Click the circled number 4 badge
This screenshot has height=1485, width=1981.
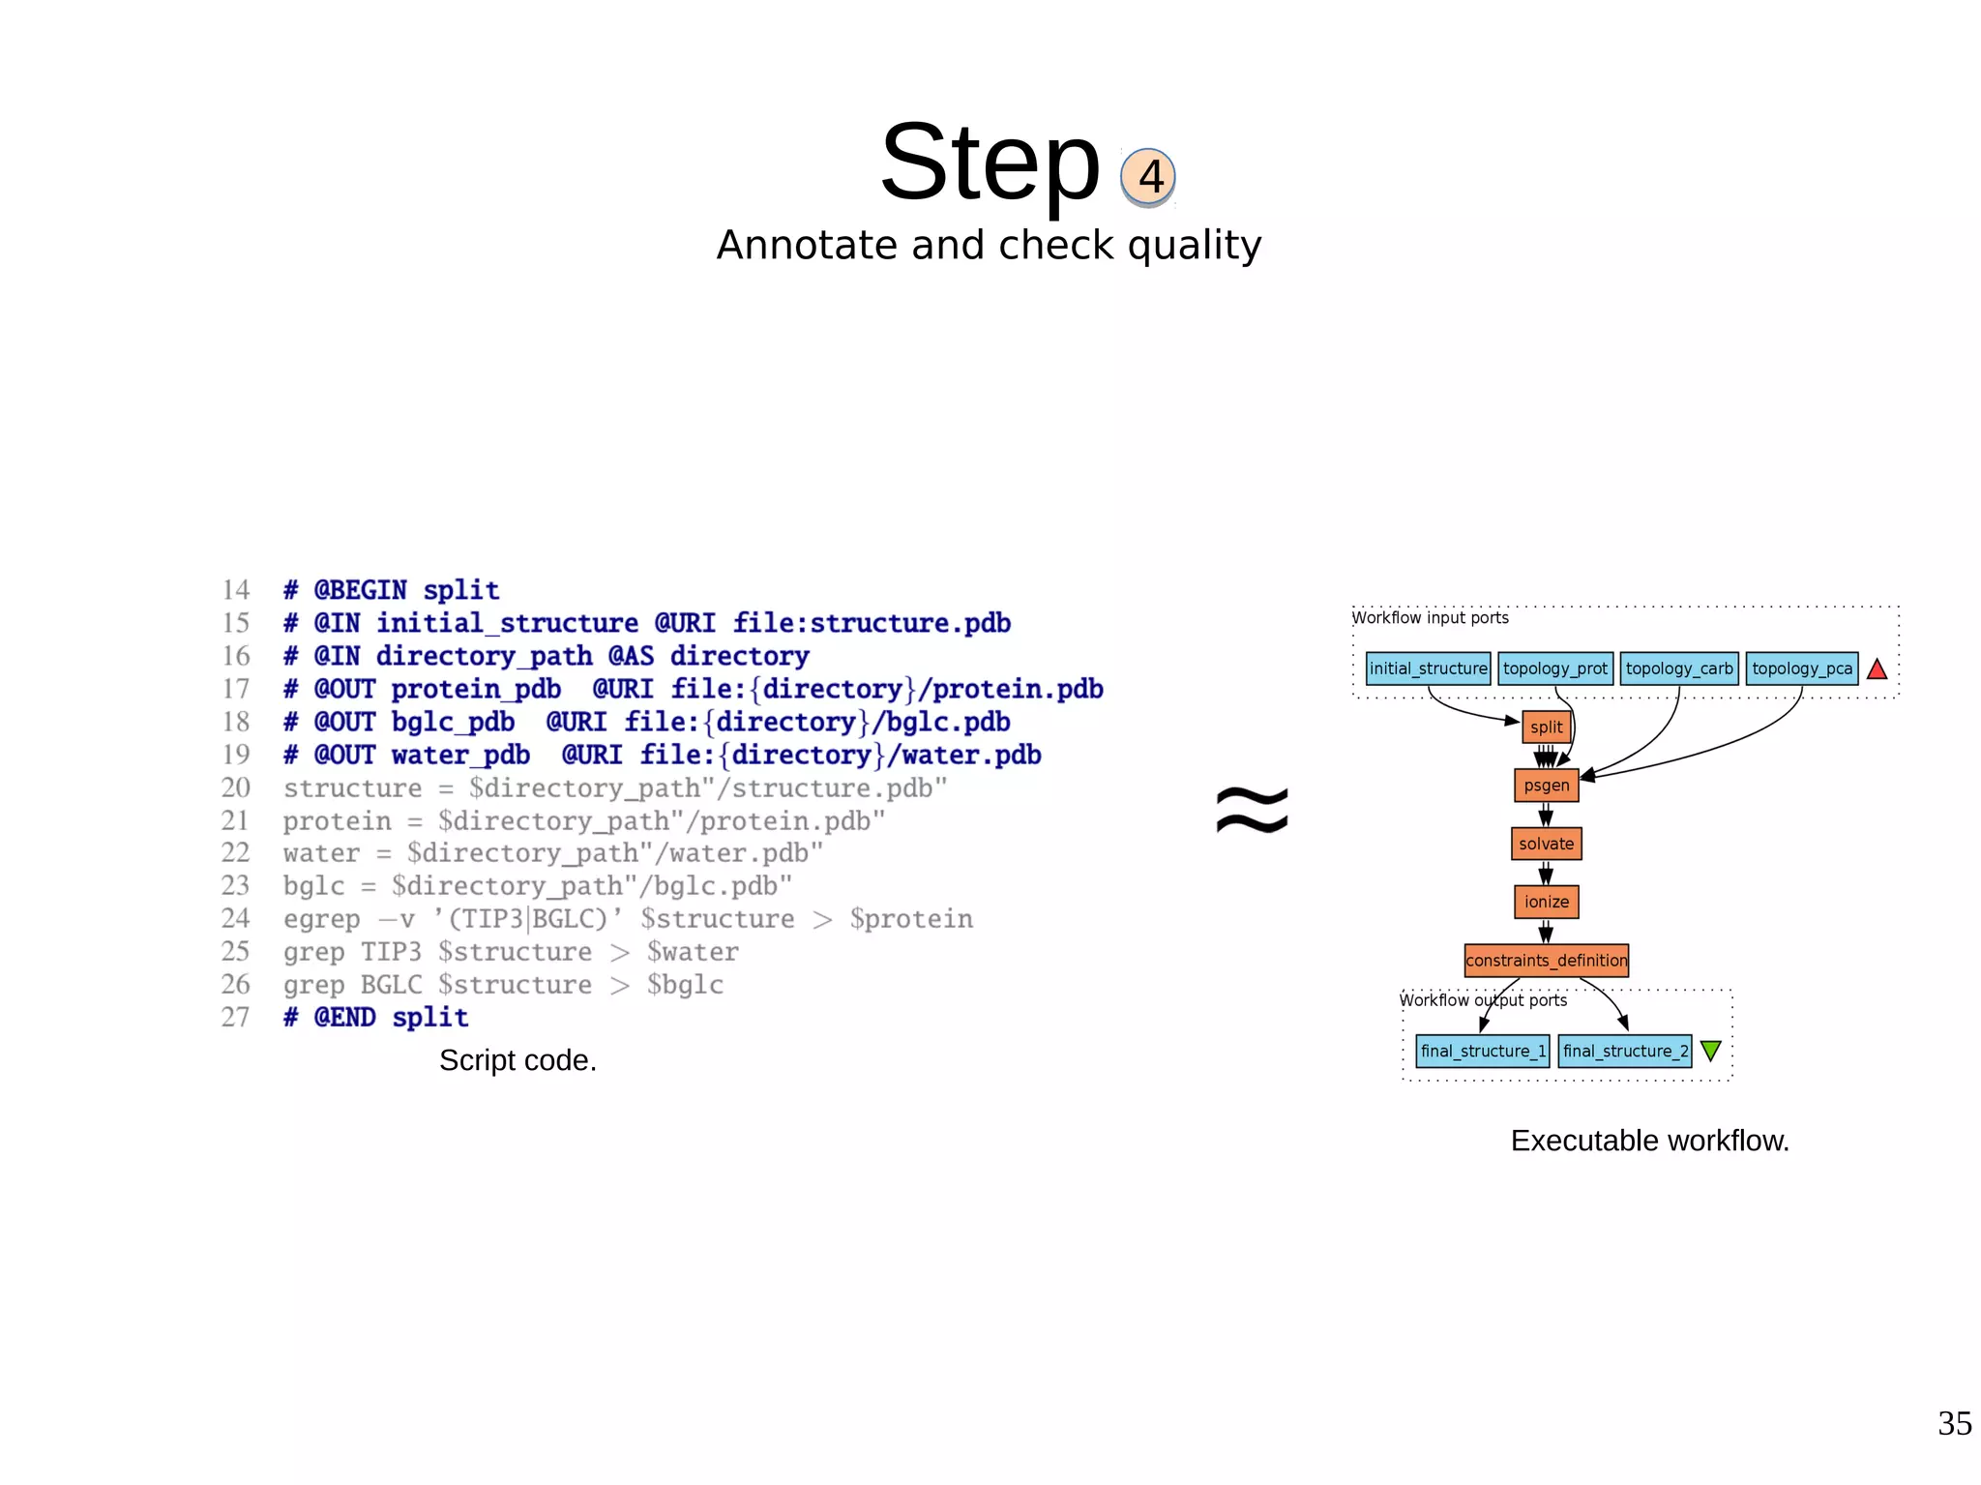1148,177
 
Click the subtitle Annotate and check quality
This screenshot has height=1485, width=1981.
989,246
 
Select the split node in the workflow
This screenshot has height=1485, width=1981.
1546,727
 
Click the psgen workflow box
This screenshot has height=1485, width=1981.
1546,786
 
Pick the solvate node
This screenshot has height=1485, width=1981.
1546,844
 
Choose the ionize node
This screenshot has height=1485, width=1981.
1546,902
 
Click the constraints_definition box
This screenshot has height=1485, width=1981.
1546,961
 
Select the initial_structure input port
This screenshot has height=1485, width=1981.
1428,668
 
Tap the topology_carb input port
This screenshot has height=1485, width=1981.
1679,668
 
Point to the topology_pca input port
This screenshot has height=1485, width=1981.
1801,668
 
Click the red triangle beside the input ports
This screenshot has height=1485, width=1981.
1877,669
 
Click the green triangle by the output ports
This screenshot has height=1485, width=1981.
1710,1050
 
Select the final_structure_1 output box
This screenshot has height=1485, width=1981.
1482,1051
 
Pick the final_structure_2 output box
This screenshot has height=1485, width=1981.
1625,1051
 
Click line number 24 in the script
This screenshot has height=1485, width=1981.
235,918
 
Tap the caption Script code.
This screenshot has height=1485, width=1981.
517,1060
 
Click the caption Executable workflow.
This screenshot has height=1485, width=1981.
1649,1141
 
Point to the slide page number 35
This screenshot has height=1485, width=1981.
1954,1423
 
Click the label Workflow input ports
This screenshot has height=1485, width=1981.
1430,617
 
